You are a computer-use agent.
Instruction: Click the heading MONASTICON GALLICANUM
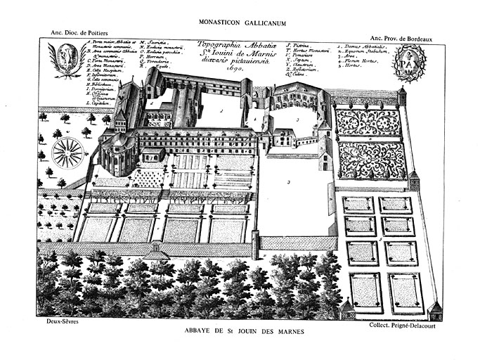click(240, 22)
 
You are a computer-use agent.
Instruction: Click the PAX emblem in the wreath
click(408, 63)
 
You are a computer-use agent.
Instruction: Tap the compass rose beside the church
click(68, 153)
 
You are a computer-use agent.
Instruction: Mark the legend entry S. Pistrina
click(301, 44)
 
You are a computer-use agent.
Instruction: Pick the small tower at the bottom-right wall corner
click(434, 309)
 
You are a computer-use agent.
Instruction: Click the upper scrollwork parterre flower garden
click(368, 122)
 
